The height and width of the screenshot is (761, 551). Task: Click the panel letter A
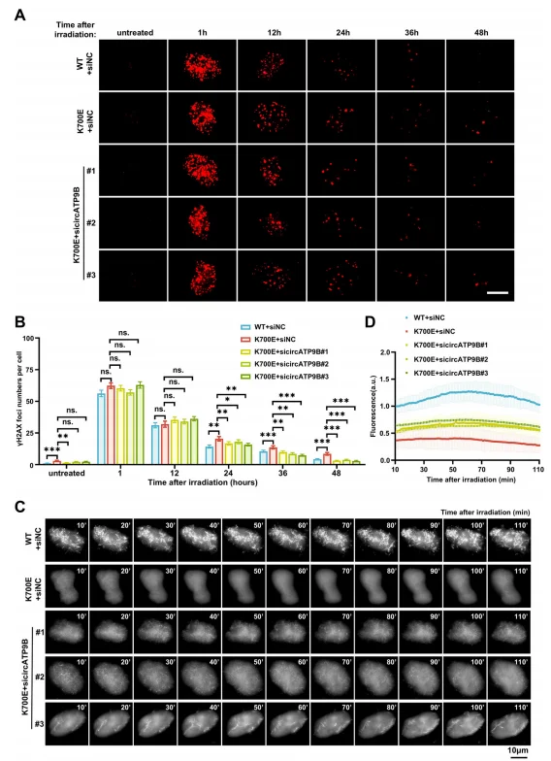tap(19, 16)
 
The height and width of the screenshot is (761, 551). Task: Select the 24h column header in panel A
tap(342, 33)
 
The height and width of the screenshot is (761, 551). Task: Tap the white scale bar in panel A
tap(497, 293)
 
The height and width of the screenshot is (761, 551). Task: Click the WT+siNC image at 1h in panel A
tap(202, 65)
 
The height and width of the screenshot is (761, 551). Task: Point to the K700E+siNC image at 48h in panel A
tap(479, 117)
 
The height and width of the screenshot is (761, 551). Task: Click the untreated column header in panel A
tap(135, 33)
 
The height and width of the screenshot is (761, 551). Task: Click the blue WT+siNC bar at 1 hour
tap(101, 429)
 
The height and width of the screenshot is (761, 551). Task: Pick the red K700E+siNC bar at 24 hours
tap(219, 452)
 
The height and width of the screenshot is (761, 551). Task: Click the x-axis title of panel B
tap(202, 482)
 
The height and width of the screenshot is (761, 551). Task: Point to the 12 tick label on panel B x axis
tap(175, 473)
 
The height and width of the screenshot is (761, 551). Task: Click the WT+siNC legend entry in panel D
tap(424, 317)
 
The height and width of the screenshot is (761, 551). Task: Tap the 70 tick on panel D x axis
tap(481, 470)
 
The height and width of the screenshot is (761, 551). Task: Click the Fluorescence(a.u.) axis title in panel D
tap(373, 407)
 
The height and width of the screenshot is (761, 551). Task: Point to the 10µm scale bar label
tap(518, 750)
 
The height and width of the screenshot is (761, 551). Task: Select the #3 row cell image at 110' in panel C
tap(509, 723)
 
